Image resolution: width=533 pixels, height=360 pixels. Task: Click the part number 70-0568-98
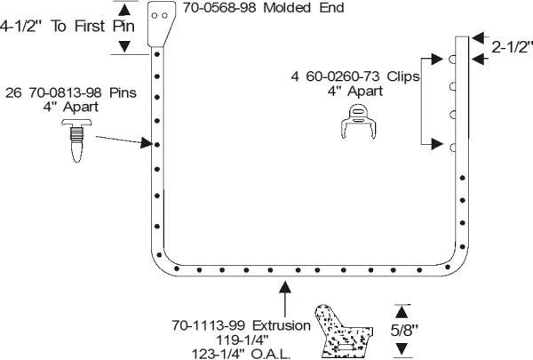tap(219, 8)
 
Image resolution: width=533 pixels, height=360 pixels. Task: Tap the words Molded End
tap(304, 8)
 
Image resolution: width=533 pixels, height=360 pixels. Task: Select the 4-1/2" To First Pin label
tap(68, 26)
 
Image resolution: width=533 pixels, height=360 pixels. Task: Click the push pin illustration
tap(76, 140)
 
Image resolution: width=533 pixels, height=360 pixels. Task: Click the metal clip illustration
tap(359, 122)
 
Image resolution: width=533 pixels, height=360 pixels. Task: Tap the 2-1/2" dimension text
tap(512, 47)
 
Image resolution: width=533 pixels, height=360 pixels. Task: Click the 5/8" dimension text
tap(404, 330)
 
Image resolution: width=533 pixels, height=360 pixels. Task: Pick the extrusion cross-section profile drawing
tap(343, 331)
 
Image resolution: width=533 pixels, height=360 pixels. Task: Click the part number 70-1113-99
tap(207, 325)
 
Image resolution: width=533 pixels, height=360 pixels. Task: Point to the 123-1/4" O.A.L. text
tap(241, 354)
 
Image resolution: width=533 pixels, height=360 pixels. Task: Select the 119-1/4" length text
tap(243, 340)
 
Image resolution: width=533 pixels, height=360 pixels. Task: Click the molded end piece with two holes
tap(162, 23)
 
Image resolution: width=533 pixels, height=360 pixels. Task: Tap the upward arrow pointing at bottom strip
tap(285, 299)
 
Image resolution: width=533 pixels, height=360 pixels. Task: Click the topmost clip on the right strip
tap(453, 60)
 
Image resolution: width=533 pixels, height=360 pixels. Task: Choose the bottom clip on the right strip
tap(453, 148)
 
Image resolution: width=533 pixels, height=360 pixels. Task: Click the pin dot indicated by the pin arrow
tap(157, 145)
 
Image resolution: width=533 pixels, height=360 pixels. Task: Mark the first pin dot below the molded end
tap(157, 54)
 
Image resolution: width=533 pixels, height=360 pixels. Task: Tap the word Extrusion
tap(282, 325)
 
